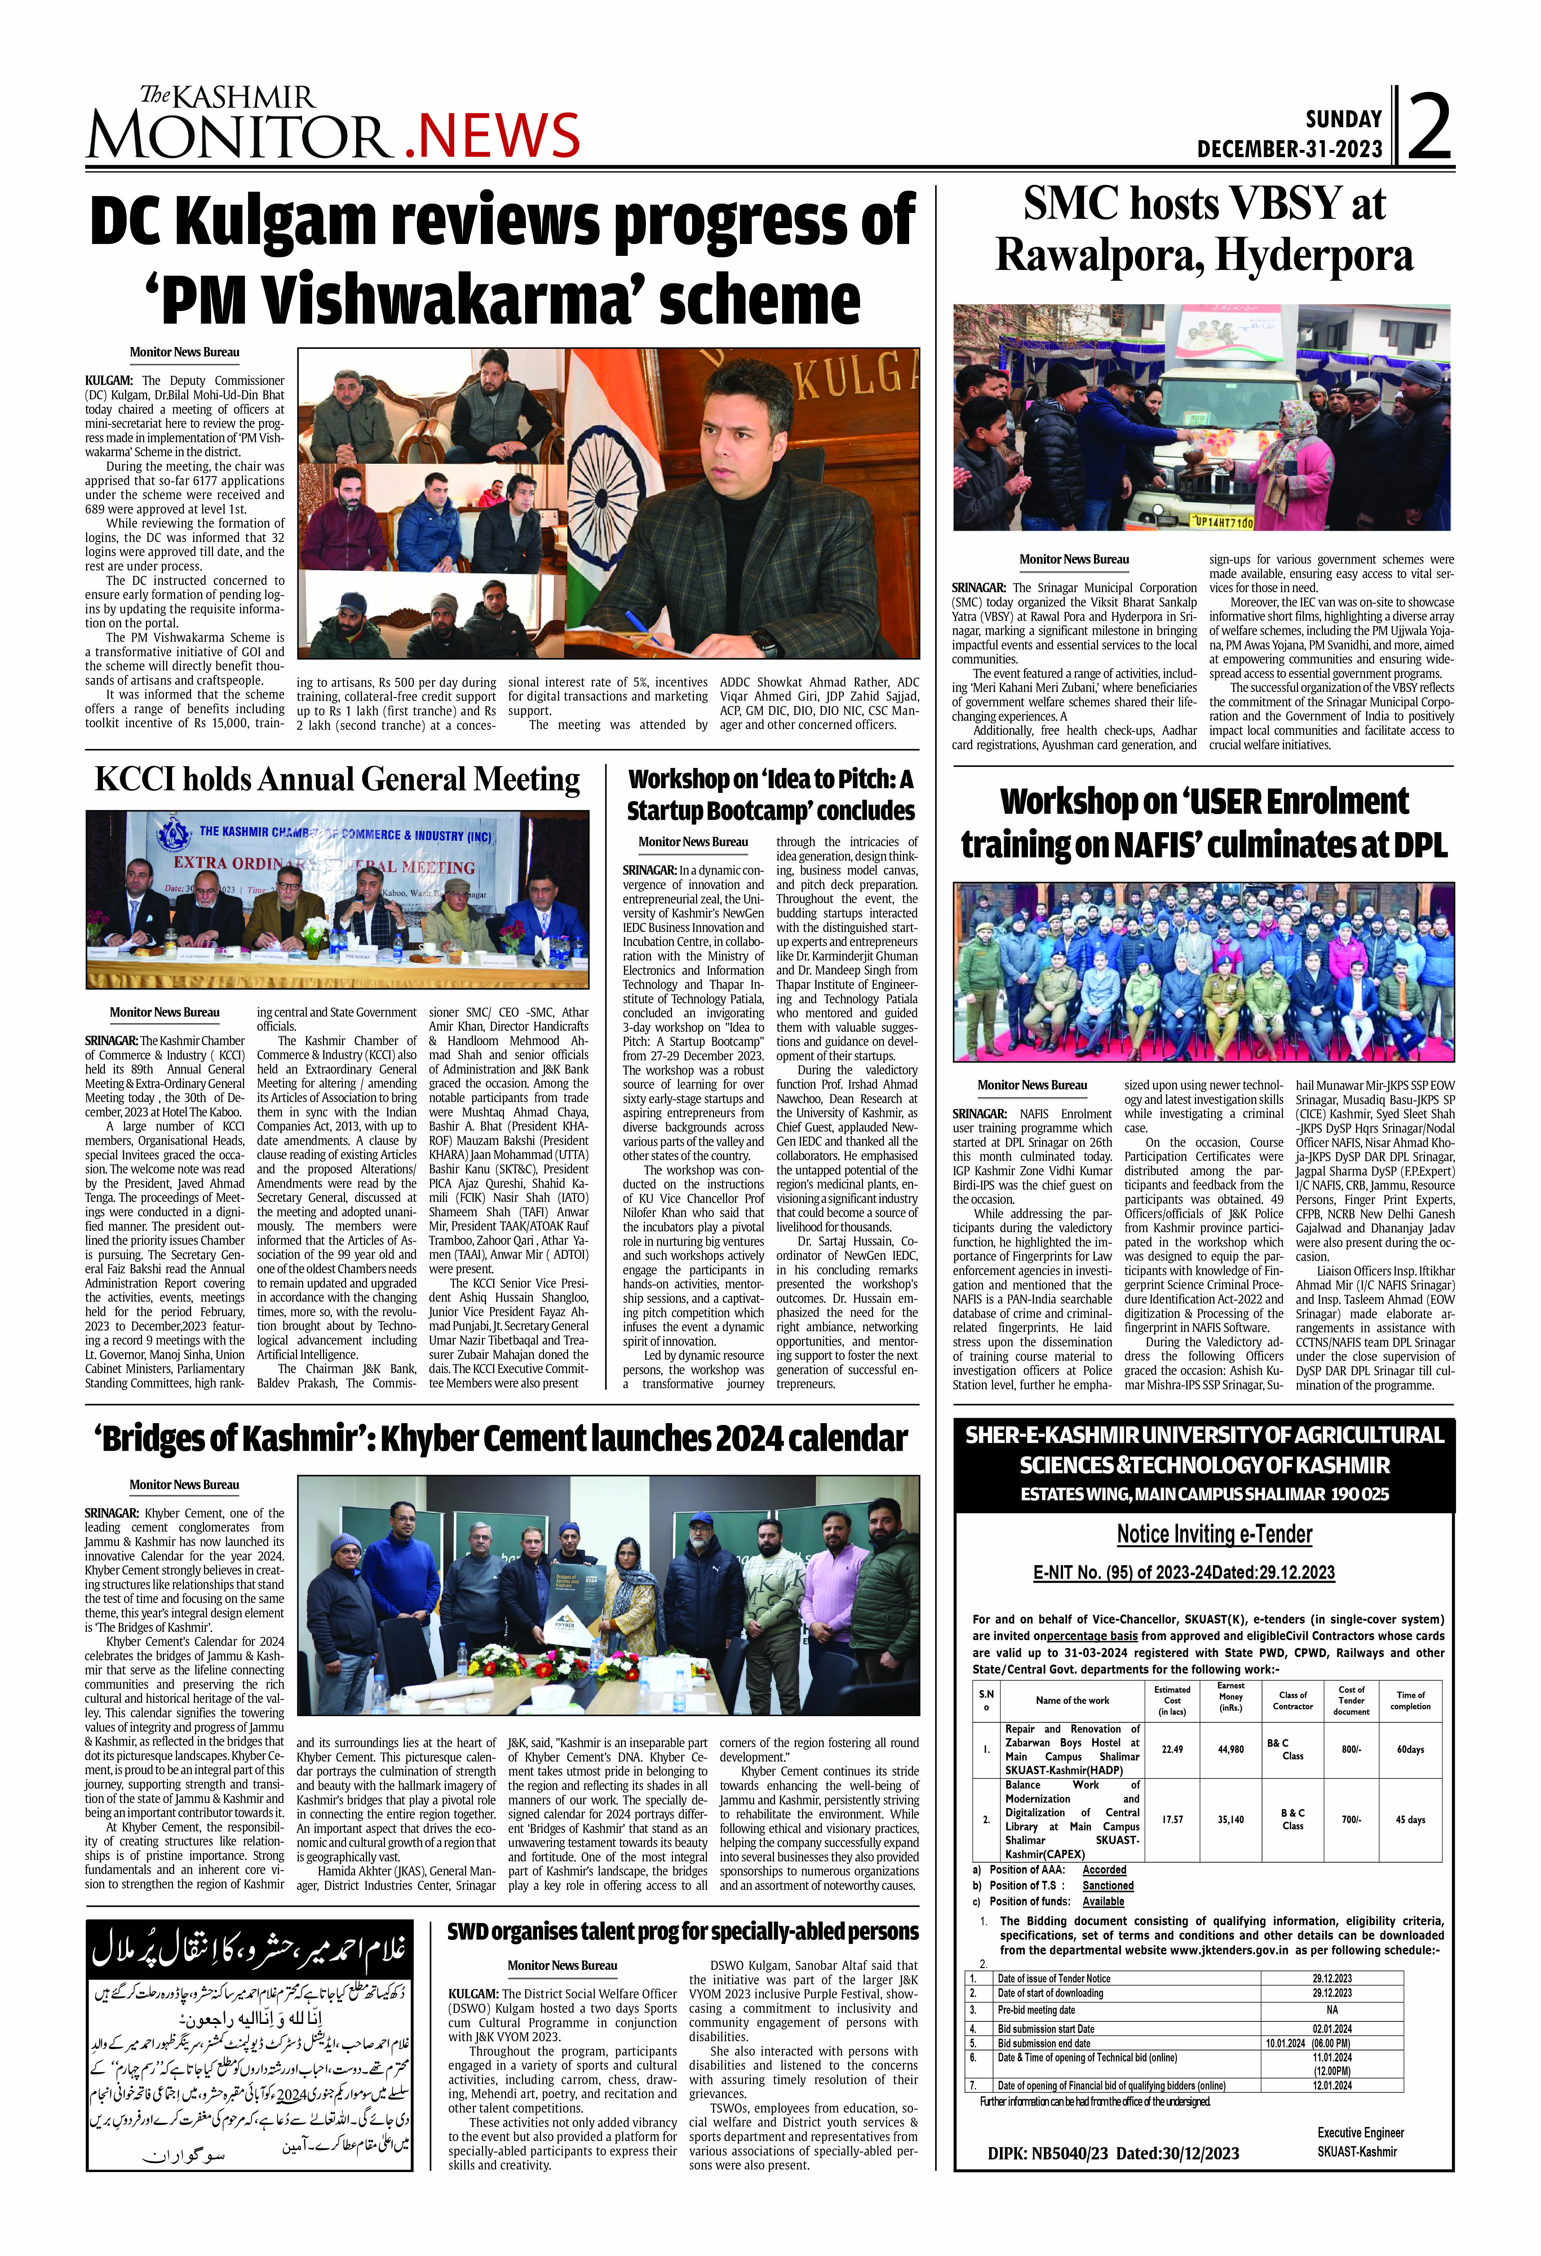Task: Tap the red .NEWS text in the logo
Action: [492, 135]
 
